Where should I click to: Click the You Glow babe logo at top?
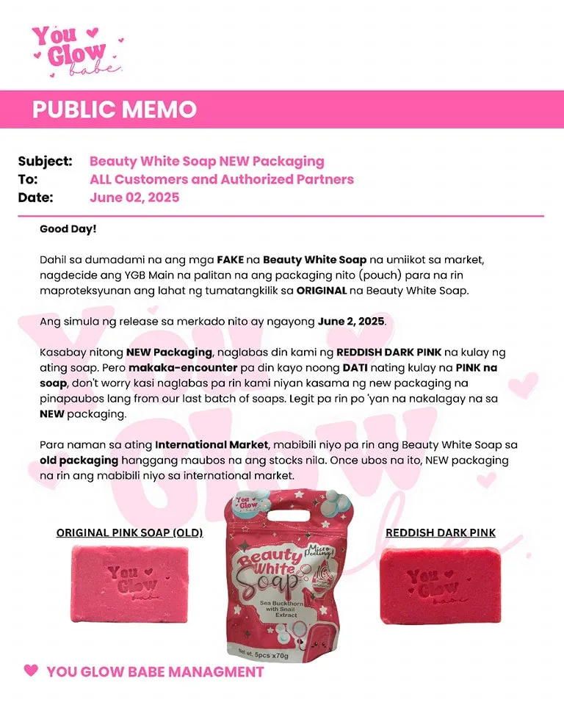[x=74, y=49]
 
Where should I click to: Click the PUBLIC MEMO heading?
[x=115, y=109]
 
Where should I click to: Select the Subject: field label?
[x=45, y=161]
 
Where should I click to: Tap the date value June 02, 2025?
[x=134, y=198]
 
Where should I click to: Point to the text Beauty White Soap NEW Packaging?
[x=206, y=161]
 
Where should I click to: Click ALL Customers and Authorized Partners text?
[x=221, y=179]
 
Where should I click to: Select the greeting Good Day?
[x=68, y=229]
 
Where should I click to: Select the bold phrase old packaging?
[x=79, y=460]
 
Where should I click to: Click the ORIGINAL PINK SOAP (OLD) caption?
[x=129, y=532]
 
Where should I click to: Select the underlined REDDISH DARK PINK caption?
[x=441, y=532]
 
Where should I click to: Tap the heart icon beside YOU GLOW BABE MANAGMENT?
[x=31, y=670]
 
